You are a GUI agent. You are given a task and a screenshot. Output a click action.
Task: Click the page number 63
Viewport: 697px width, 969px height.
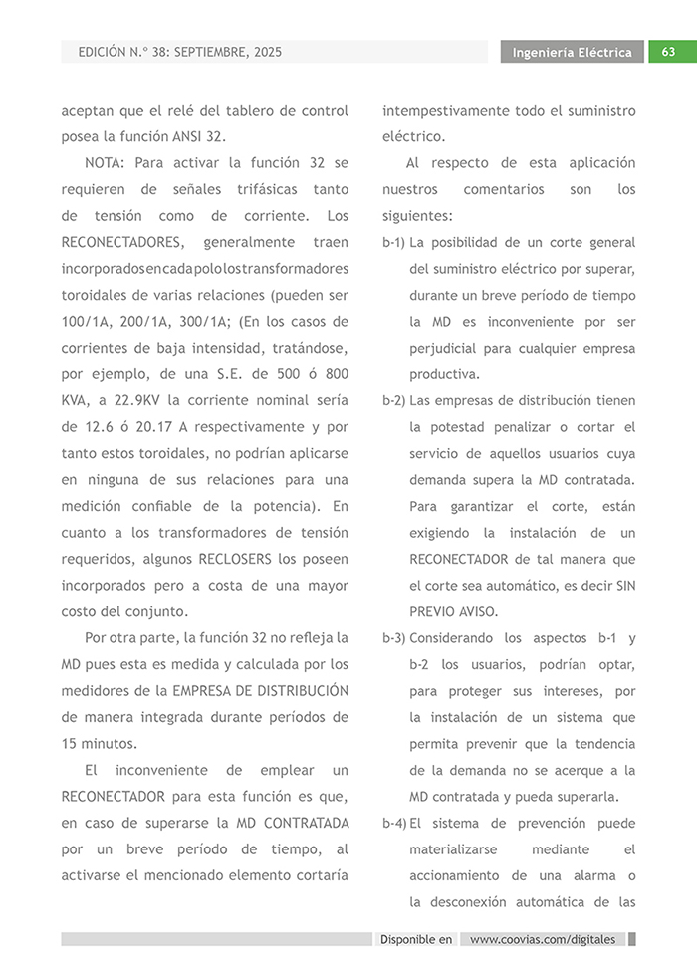(668, 52)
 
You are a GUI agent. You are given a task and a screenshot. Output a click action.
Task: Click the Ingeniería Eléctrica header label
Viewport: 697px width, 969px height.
(572, 52)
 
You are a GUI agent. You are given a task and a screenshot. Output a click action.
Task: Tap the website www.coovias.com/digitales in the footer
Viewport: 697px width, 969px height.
(543, 939)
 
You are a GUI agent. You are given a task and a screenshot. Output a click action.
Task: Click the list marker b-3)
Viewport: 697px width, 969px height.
(394, 638)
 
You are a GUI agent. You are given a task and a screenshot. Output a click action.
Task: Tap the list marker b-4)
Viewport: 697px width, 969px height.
(394, 824)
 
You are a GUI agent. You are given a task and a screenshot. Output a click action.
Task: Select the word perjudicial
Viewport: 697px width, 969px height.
(449, 349)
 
